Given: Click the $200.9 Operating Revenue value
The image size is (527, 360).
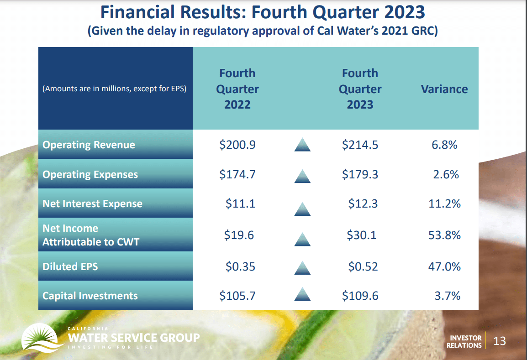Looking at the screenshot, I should point(237,145).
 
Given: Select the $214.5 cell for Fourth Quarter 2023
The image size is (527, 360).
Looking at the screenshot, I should point(360,145).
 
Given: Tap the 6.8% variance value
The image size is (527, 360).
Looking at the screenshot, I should point(445,145).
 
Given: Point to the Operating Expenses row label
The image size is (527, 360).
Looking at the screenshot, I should point(90,175).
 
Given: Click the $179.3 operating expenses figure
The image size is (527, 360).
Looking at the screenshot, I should point(360,174).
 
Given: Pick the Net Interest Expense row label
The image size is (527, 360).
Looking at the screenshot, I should point(92,204).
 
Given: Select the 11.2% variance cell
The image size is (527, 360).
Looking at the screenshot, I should point(445,203).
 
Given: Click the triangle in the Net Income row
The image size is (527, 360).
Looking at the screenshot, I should point(302,239).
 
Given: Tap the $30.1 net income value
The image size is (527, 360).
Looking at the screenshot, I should point(363,235).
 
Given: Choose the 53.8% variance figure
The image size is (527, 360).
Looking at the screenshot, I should point(445,235).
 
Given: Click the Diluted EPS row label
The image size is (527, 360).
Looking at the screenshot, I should point(70,266).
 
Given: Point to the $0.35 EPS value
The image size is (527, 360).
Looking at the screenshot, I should point(240,266).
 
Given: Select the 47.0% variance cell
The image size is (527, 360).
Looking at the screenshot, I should point(445,266).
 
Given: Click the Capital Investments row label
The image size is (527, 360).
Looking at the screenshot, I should point(90,296).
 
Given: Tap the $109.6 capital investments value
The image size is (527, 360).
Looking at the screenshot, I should point(360,296).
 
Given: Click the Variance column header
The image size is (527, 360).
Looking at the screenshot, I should point(444,89).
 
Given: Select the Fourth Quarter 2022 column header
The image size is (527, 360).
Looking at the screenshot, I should point(237,89).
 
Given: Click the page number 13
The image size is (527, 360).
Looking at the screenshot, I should point(500,341).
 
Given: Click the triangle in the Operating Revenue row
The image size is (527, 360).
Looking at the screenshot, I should point(302,146).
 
